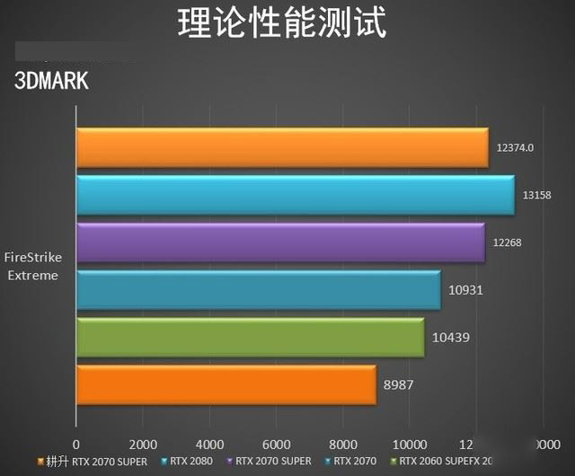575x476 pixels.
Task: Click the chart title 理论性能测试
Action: coord(282,23)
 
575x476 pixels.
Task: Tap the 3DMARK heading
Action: coord(51,80)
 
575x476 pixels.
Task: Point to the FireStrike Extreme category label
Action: coord(34,267)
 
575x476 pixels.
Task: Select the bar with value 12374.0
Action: coord(282,147)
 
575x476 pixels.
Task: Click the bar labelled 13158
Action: coord(295,195)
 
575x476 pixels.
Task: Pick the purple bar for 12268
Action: coord(280,242)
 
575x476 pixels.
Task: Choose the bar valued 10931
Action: coord(258,290)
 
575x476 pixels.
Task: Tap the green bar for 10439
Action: coord(250,338)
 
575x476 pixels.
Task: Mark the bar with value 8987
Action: coord(226,384)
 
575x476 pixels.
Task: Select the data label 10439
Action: coord(451,338)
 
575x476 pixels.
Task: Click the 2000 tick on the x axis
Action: coord(144,444)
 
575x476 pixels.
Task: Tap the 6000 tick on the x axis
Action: coord(277,444)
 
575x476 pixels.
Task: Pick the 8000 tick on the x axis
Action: coord(343,444)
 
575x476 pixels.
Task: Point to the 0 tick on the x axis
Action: coord(76,444)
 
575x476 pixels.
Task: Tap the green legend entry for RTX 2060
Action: coord(440,462)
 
